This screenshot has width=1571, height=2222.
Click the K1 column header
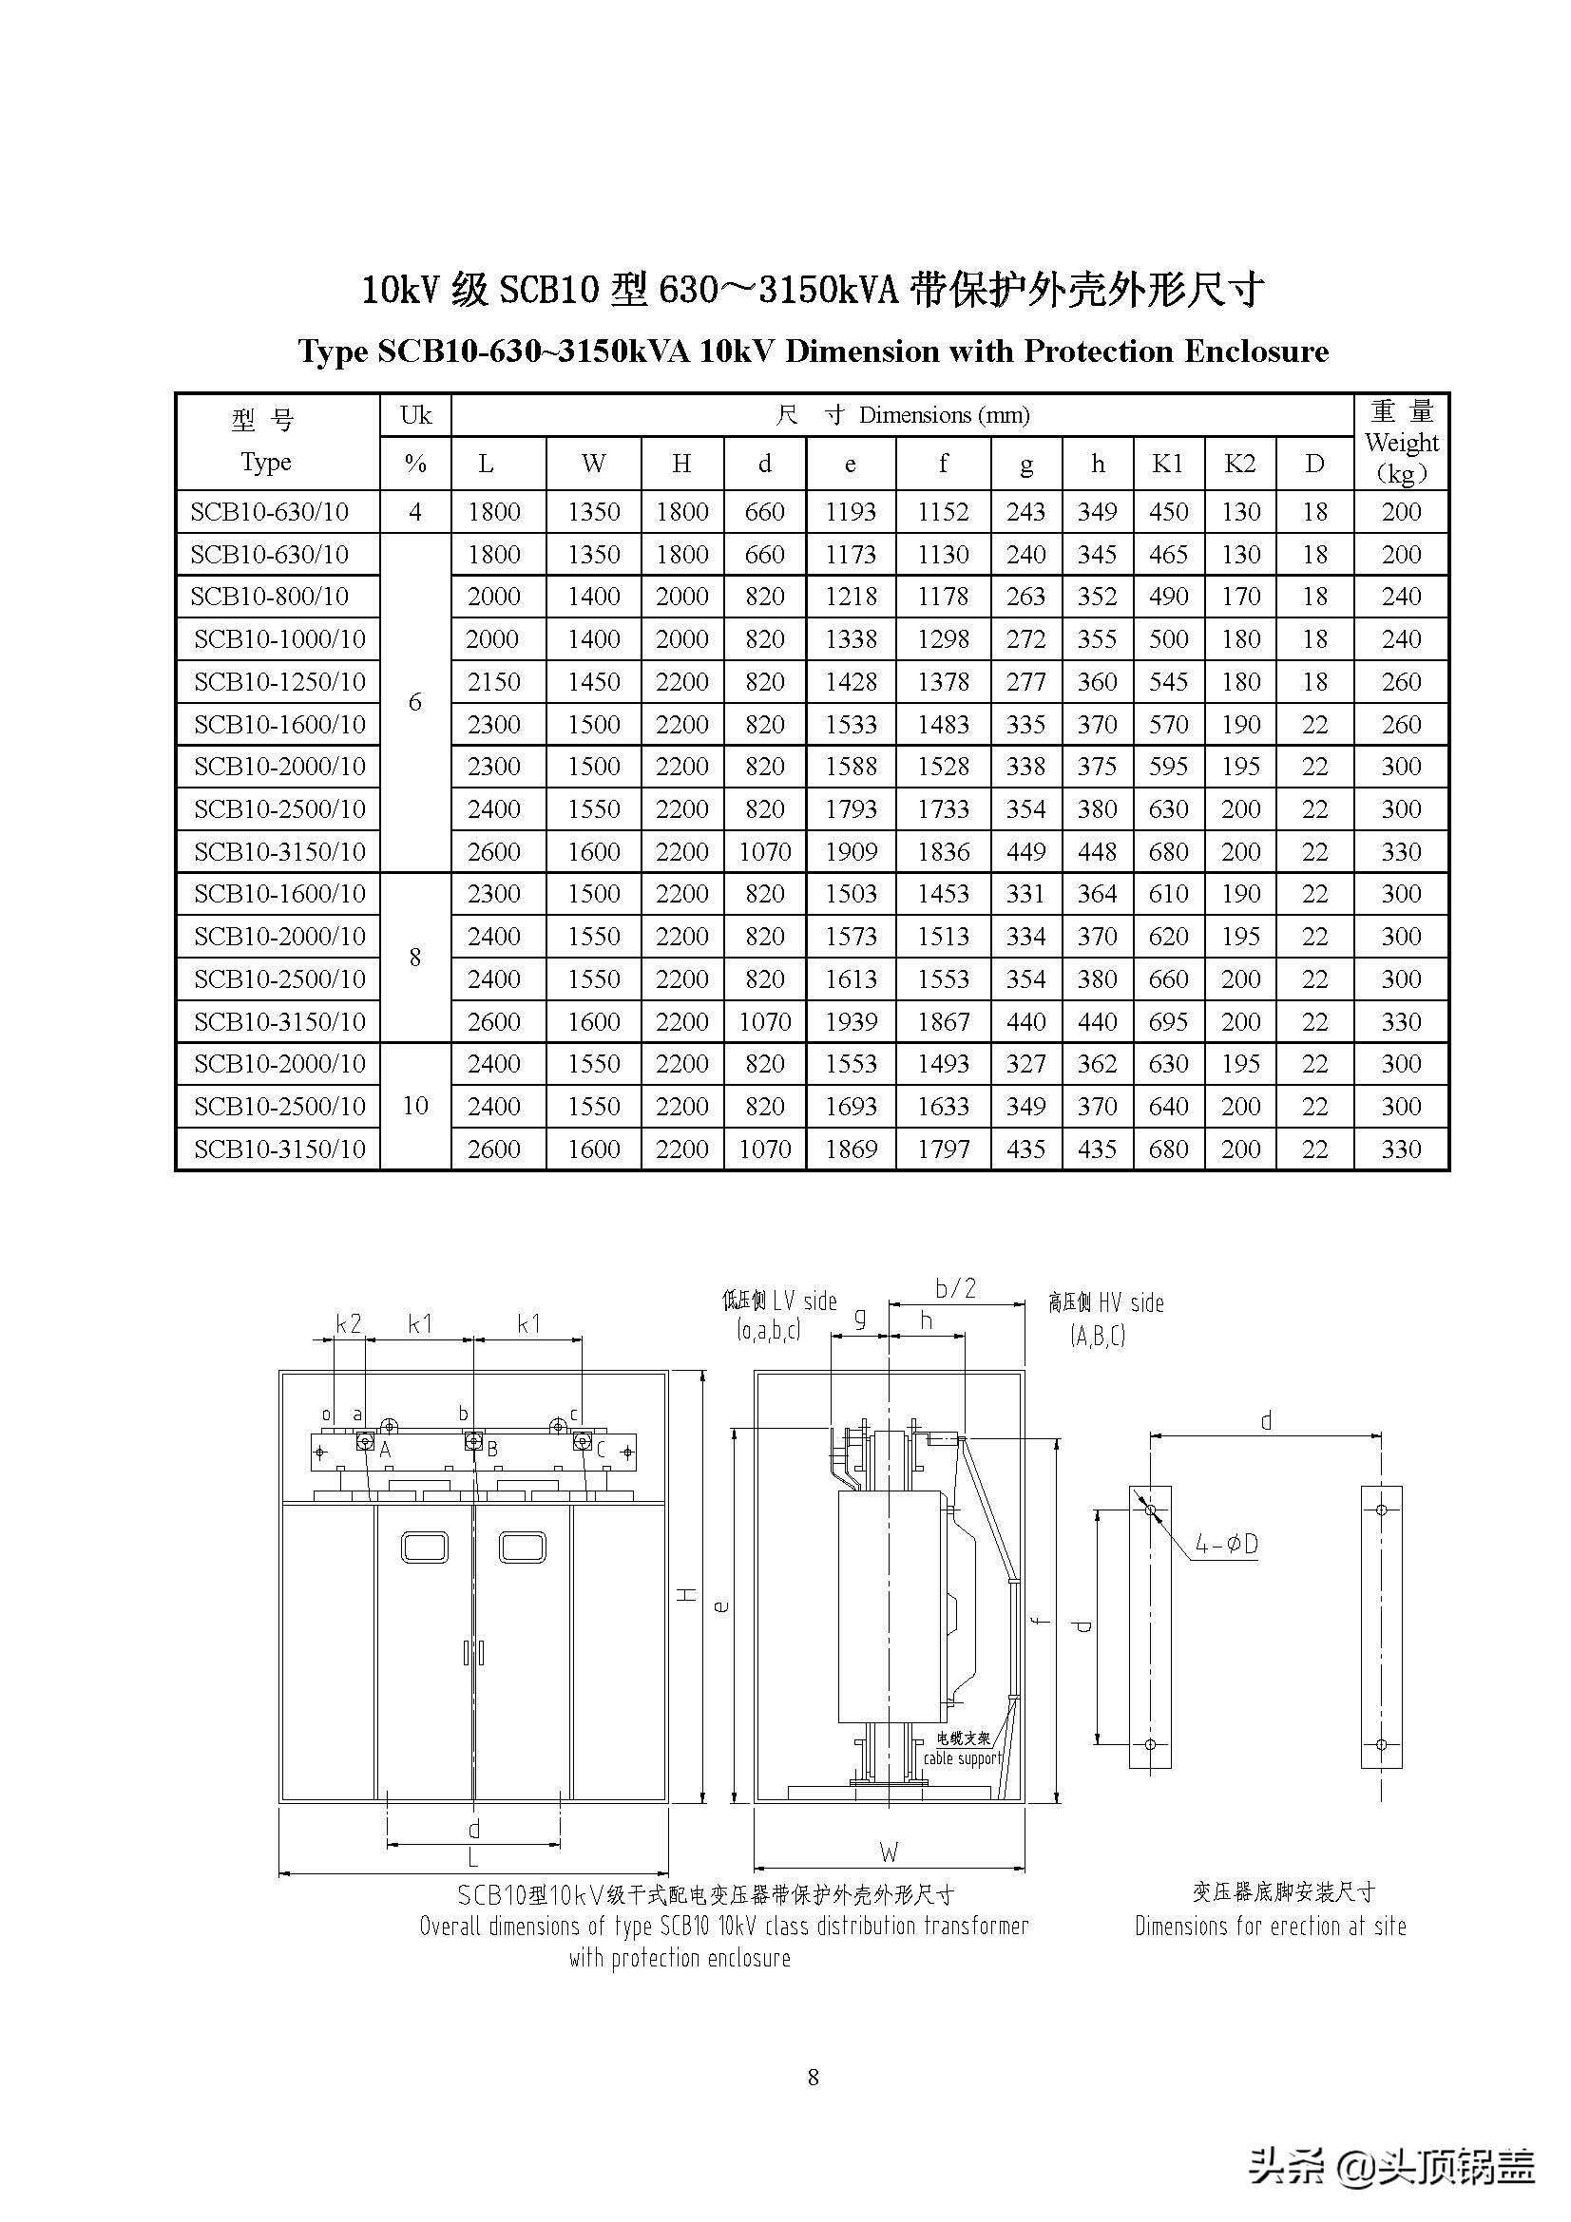point(1167,464)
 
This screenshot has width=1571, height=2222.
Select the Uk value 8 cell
point(415,958)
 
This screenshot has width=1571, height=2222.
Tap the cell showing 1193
point(850,512)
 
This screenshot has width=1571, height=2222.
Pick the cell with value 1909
point(850,851)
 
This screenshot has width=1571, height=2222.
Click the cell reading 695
point(1167,1021)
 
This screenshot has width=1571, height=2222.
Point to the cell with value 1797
point(943,1149)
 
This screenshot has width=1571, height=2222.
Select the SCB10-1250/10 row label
point(279,681)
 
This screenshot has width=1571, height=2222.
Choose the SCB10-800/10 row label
point(269,597)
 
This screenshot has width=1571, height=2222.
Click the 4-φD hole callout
point(1226,1544)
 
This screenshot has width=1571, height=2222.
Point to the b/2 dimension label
point(954,1289)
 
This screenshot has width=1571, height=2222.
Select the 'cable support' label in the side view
point(961,1758)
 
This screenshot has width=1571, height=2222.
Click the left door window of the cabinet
point(425,1547)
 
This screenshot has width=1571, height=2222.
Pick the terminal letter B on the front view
point(492,1450)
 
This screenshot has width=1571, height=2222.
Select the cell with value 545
point(1167,681)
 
